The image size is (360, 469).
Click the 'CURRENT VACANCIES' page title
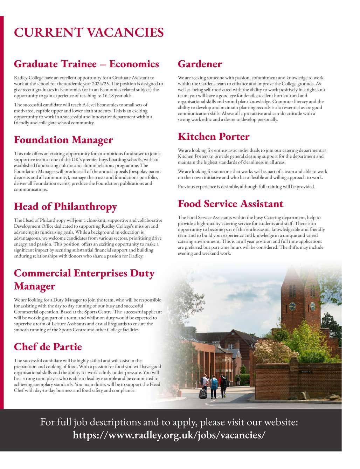89,32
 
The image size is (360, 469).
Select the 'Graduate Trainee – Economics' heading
86,64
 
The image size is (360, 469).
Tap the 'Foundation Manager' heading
63,140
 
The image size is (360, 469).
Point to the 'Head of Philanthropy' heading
65,206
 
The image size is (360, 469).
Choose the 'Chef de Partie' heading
48,347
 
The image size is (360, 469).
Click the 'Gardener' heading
200,64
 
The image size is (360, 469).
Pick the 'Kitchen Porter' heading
213,136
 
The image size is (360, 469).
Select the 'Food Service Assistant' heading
230,204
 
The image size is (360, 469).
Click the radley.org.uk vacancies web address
169,435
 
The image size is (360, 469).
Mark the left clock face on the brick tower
292,306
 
